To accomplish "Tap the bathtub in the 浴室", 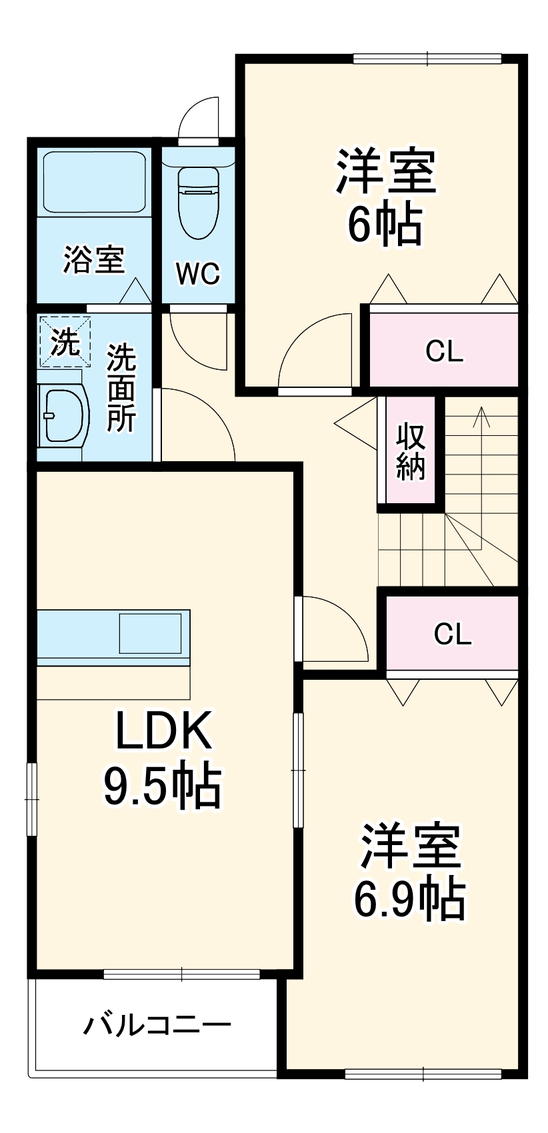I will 94,181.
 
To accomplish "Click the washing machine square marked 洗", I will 65,341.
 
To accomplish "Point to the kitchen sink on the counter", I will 149,633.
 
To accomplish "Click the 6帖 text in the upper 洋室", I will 385,225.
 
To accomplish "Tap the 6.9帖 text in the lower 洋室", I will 409,900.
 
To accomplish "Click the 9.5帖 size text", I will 162,786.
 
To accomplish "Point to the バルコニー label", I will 157,1024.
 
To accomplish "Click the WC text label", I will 198,273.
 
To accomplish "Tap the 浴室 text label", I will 94,259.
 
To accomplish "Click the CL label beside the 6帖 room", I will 445,351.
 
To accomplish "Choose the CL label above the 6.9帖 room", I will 453,634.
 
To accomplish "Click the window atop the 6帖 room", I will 427,59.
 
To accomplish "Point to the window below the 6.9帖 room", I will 423,1073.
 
